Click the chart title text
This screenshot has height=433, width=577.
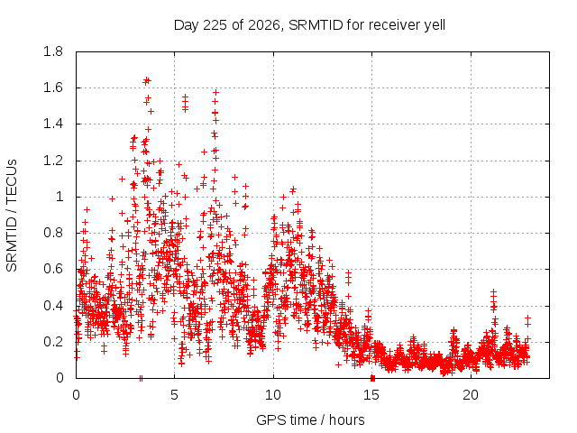click(309, 25)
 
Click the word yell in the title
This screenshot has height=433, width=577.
click(435, 26)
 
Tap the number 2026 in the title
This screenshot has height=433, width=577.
click(264, 25)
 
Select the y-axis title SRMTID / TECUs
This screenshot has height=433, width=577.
click(12, 216)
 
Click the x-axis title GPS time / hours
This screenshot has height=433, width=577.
click(310, 419)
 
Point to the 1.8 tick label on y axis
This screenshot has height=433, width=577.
click(53, 51)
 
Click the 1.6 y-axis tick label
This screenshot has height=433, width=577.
click(53, 88)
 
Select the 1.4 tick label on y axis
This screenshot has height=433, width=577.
click(53, 124)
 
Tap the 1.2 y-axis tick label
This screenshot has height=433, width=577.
click(53, 161)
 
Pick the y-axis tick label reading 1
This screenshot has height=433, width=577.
click(60, 197)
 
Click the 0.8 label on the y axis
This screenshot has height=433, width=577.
click(53, 233)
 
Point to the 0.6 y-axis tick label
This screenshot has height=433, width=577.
click(53, 269)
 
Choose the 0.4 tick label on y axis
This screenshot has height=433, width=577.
click(53, 306)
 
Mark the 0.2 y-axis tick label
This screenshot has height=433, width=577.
click(53, 342)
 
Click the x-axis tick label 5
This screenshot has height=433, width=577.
click(174, 395)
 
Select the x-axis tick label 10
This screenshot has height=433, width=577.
click(273, 395)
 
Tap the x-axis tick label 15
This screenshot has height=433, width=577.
click(371, 395)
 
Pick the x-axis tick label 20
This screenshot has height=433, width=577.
click(471, 395)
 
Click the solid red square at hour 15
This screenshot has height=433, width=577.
click(372, 378)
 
